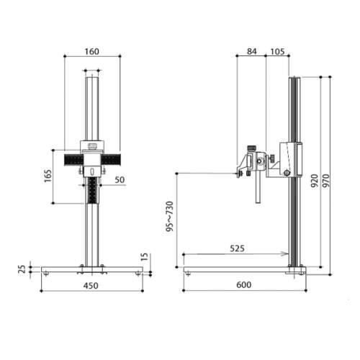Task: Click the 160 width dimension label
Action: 91,51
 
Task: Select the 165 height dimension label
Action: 48,176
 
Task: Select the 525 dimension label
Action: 237,248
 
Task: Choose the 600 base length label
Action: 243,285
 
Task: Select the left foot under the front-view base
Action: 48,272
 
